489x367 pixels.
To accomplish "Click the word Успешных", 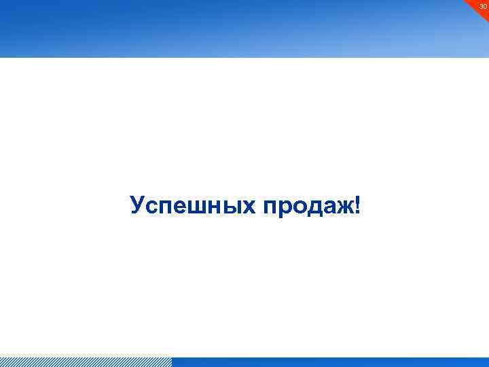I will point(192,206).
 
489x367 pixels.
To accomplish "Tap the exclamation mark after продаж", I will point(358,205).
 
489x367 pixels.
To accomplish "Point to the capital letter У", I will point(137,205).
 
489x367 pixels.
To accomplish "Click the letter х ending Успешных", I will point(247,207).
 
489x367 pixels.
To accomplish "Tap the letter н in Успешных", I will point(213,207).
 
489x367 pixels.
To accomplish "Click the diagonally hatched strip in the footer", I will point(86,362).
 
